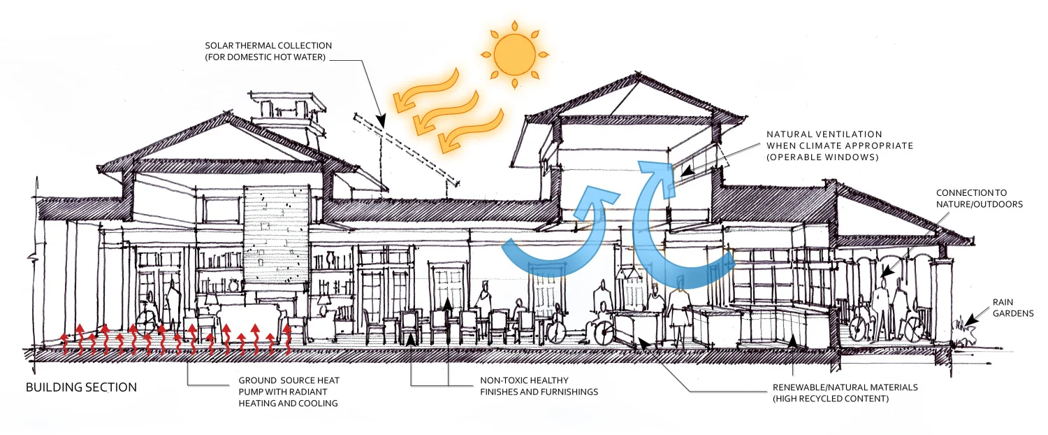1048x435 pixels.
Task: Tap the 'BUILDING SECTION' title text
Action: [81, 387]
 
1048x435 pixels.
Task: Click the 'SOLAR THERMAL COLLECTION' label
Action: [268, 45]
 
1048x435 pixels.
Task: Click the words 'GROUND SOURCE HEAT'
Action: [289, 380]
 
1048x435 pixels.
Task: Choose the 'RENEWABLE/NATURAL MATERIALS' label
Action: [845, 387]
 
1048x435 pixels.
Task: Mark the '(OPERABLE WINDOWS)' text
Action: [815, 157]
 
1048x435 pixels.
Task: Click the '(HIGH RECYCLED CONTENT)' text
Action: [830, 399]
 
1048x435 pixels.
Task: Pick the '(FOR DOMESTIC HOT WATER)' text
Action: [265, 57]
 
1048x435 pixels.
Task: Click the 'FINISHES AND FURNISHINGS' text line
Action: [539, 392]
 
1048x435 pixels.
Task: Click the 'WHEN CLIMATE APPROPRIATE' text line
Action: [840, 145]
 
